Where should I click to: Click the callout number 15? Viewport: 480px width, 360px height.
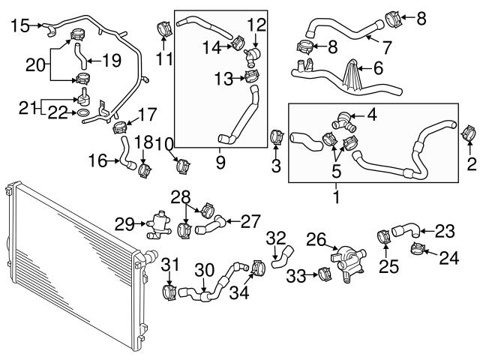point(20,25)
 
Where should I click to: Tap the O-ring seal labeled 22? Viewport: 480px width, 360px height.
point(82,113)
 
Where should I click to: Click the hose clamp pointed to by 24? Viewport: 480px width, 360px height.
point(417,249)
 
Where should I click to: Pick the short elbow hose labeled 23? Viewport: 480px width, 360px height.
point(406,230)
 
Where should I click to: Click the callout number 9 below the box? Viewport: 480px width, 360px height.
point(220,163)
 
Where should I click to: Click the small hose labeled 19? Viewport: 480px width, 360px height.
point(81,56)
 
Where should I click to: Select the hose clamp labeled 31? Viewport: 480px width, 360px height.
point(169,292)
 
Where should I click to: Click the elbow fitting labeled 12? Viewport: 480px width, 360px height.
point(252,56)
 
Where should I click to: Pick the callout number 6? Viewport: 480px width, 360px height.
point(378,67)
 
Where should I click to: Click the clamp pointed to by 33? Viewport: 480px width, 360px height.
point(325,274)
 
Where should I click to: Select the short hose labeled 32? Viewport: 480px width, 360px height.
point(282,256)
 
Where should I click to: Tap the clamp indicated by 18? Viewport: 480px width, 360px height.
point(145,170)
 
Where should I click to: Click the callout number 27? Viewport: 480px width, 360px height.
point(250,221)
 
